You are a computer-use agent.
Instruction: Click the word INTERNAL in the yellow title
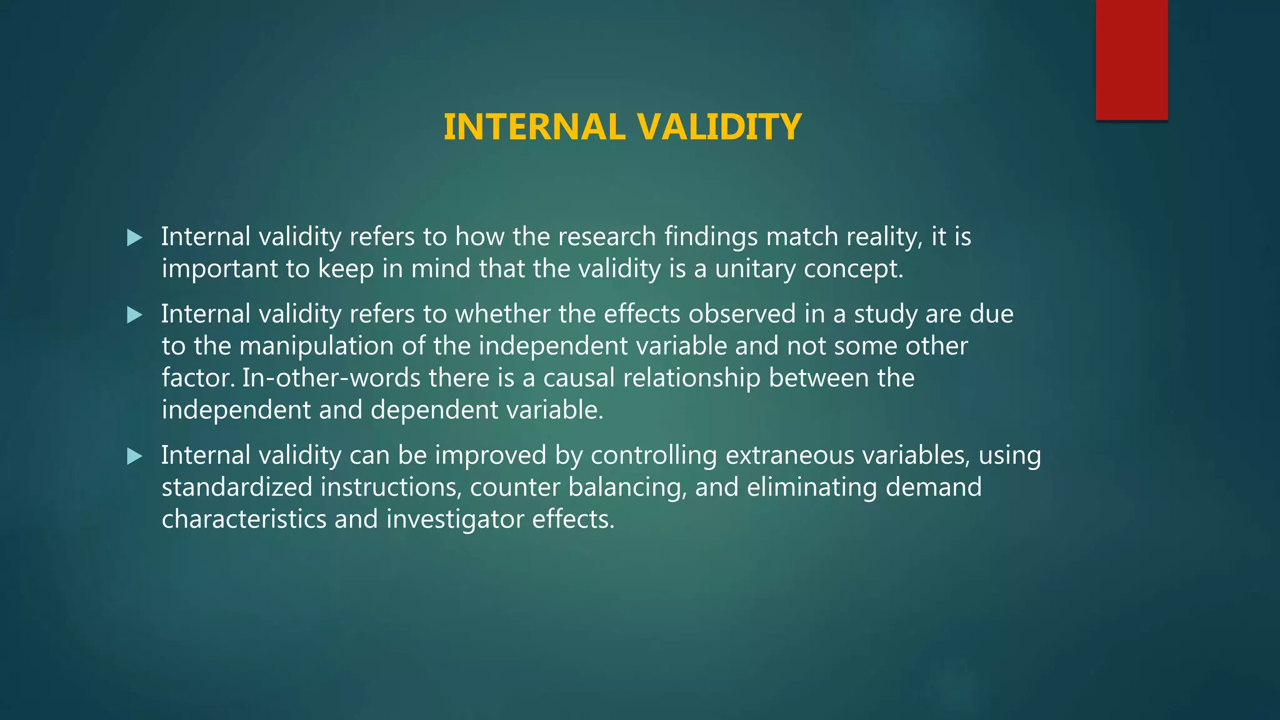click(534, 127)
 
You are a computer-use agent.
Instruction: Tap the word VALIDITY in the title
click(719, 127)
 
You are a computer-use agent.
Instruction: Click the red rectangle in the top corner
click(1131, 60)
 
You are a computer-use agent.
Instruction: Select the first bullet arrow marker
click(134, 237)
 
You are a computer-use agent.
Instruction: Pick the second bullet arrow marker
click(134, 314)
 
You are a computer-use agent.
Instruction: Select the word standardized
click(237, 487)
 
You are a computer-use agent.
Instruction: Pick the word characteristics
click(244, 519)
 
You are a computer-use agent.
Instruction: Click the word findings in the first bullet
click(711, 237)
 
